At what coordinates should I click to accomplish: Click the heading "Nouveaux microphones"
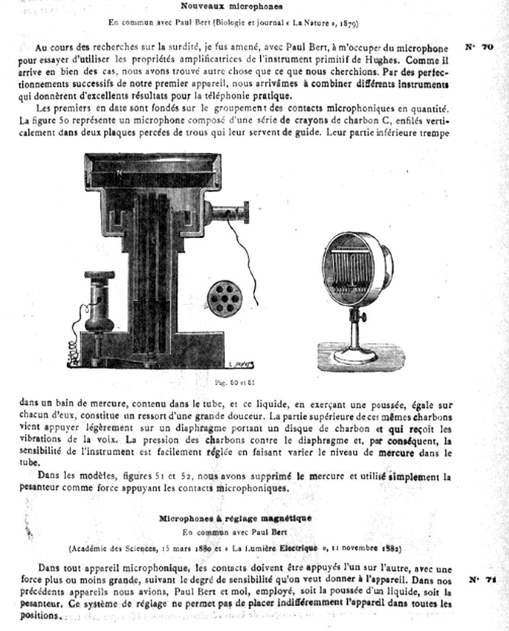click(x=231, y=6)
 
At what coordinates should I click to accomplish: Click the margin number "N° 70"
click(x=479, y=47)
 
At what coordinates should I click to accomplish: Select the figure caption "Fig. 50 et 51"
click(x=235, y=383)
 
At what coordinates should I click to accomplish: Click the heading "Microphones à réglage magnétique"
click(x=235, y=518)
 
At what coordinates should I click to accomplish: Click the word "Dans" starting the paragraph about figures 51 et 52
click(x=48, y=476)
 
